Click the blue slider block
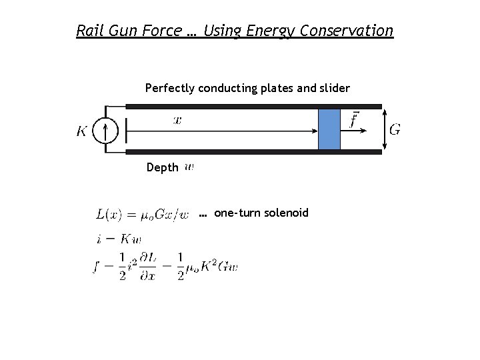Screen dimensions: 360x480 point(329,129)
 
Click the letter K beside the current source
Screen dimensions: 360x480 point(82,131)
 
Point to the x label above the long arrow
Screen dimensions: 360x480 point(177,120)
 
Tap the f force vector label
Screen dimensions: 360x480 point(354,120)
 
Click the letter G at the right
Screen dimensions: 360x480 point(395,129)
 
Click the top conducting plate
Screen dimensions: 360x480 point(253,106)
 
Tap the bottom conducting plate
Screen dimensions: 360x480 point(253,152)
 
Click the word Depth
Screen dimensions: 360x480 point(162,167)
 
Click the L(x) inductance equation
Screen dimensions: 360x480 point(143,214)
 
